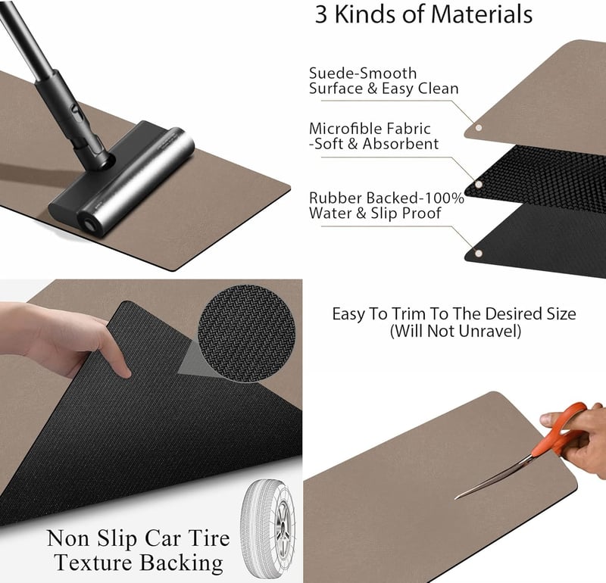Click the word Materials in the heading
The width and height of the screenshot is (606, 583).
click(x=482, y=14)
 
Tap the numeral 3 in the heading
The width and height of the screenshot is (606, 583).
click(x=321, y=14)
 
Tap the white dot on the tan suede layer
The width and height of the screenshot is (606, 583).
click(x=479, y=127)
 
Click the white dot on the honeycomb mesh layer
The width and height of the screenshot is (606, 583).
click(x=479, y=185)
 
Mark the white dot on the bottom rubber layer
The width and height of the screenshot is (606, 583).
click(x=479, y=254)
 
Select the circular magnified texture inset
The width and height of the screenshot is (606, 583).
click(x=247, y=334)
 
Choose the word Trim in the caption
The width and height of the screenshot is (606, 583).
click(x=408, y=313)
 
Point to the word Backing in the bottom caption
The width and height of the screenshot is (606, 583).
click(x=181, y=563)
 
